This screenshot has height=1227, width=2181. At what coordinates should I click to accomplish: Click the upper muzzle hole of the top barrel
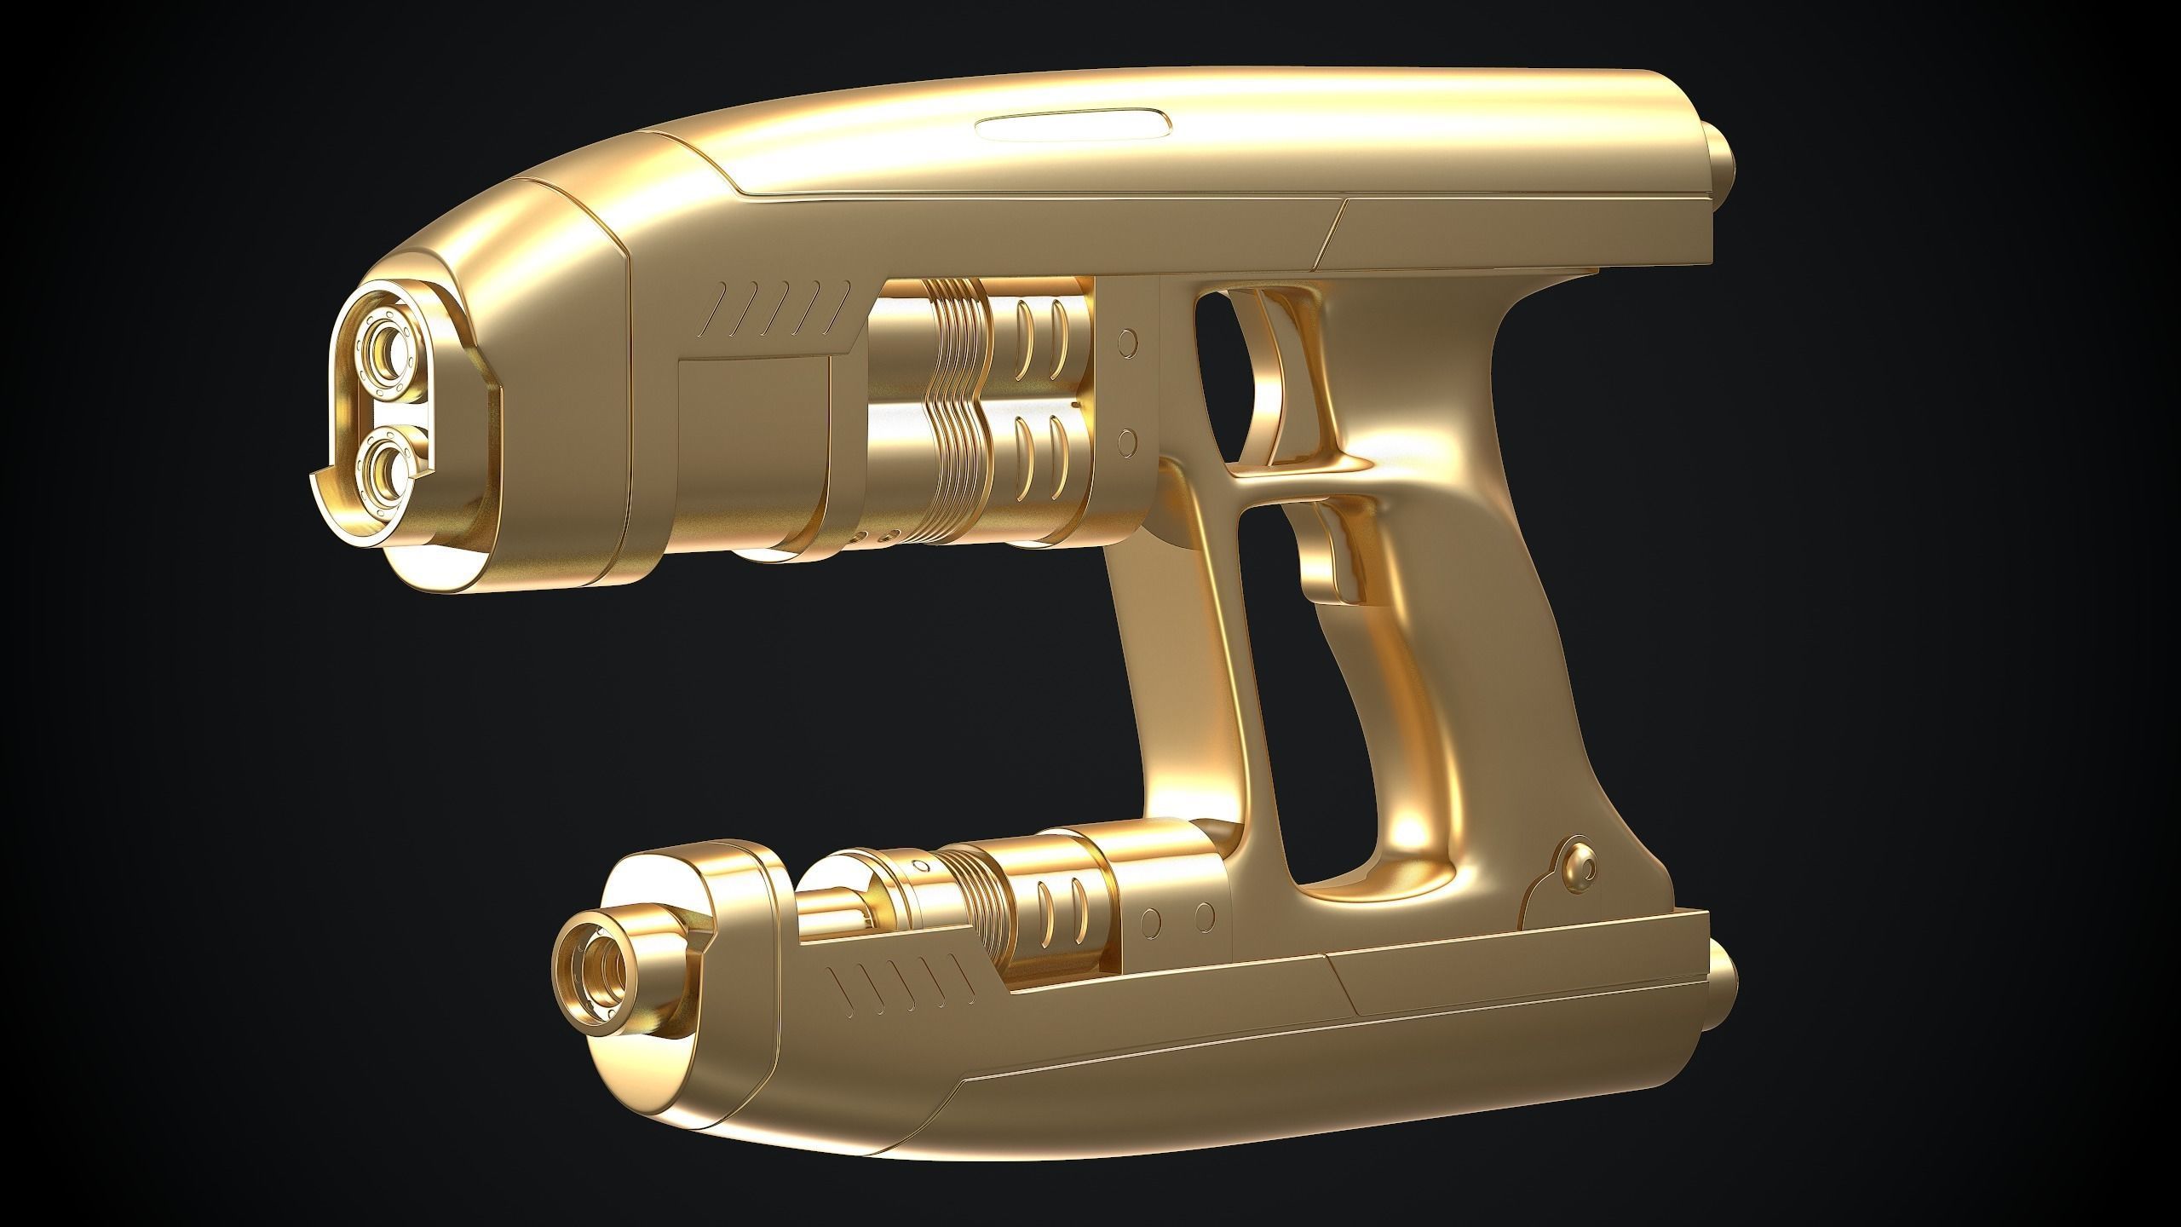[388, 349]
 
